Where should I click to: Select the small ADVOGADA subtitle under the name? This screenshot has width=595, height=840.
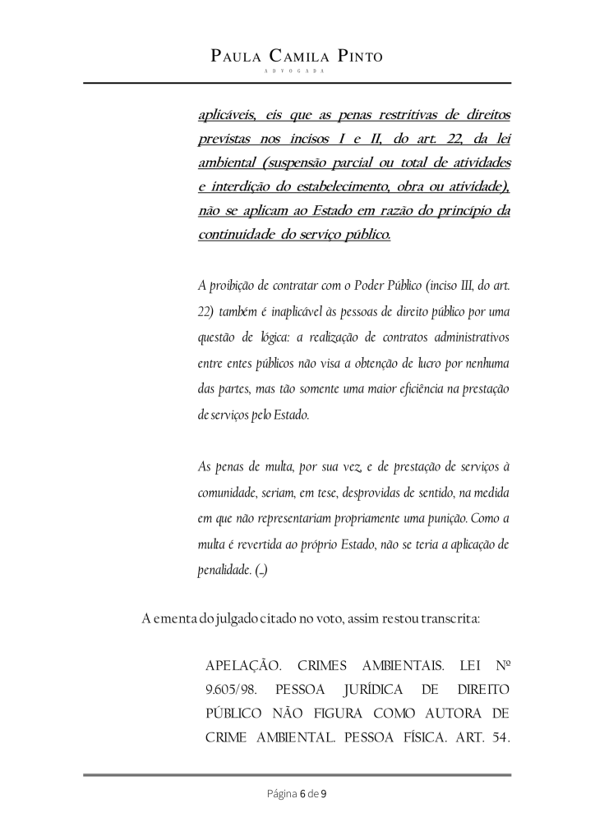297,71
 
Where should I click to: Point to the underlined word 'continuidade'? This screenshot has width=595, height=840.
239,235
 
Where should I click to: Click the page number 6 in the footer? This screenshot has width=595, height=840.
302,794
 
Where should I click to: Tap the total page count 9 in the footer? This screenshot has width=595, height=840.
325,794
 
